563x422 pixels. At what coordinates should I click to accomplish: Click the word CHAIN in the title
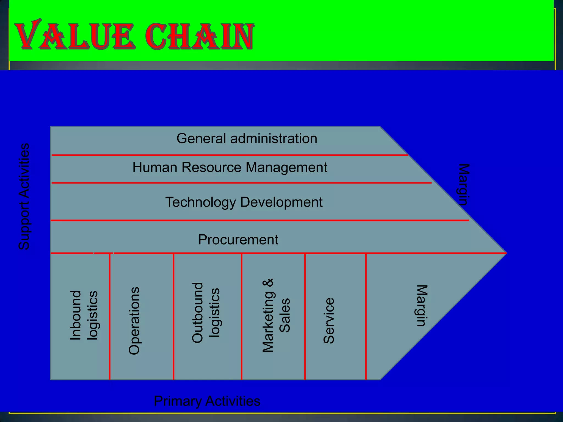tap(199, 36)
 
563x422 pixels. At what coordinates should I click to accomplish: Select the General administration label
tap(247, 138)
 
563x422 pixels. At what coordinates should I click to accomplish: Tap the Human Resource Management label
tap(230, 167)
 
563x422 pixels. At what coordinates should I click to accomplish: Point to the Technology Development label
tap(244, 202)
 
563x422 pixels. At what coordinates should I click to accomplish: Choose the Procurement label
tap(238, 240)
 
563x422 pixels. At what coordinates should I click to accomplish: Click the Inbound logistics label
tap(84, 315)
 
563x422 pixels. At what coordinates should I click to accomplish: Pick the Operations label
tap(134, 321)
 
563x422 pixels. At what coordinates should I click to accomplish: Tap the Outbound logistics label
tap(206, 313)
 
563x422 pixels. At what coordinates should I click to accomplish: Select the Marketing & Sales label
tap(276, 315)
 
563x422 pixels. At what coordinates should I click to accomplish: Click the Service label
tap(329, 320)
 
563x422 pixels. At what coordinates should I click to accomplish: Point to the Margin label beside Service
tap(421, 306)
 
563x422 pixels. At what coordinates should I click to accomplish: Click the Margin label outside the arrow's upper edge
tap(464, 185)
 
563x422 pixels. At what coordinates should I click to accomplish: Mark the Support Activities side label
tap(24, 196)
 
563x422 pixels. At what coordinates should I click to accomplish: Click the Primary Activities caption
tap(207, 401)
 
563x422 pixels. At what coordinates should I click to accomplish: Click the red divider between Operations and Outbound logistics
tap(173, 316)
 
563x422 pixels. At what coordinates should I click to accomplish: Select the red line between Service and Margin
tap(366, 316)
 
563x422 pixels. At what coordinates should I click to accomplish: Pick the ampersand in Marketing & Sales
tap(268, 283)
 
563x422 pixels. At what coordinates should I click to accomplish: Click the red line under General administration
tap(230, 155)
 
